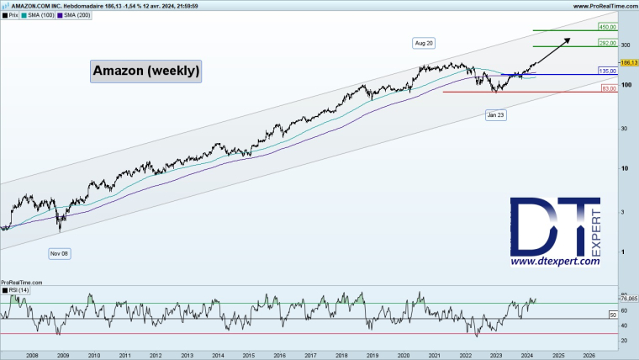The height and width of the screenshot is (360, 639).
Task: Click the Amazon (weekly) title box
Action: click(x=146, y=71)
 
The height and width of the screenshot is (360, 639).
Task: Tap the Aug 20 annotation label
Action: click(x=423, y=42)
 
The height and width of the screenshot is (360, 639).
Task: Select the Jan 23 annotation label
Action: click(x=495, y=114)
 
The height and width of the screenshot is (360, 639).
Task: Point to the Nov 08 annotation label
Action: click(x=59, y=252)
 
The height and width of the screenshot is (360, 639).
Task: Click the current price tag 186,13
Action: click(x=628, y=63)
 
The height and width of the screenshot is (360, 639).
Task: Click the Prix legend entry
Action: click(x=13, y=15)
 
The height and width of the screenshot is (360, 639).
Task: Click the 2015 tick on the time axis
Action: click(x=248, y=356)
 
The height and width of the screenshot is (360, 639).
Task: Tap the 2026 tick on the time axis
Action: click(x=589, y=356)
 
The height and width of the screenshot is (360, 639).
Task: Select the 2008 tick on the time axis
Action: click(x=32, y=356)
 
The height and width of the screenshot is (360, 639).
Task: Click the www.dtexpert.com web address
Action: click(x=555, y=262)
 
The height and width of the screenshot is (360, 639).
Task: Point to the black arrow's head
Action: click(x=568, y=39)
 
